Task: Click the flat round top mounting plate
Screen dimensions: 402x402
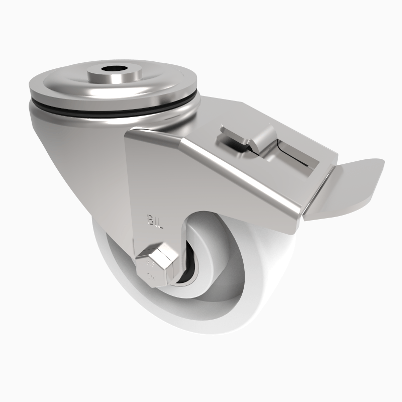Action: tap(60, 85)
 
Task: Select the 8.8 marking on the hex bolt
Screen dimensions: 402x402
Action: tap(149, 263)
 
